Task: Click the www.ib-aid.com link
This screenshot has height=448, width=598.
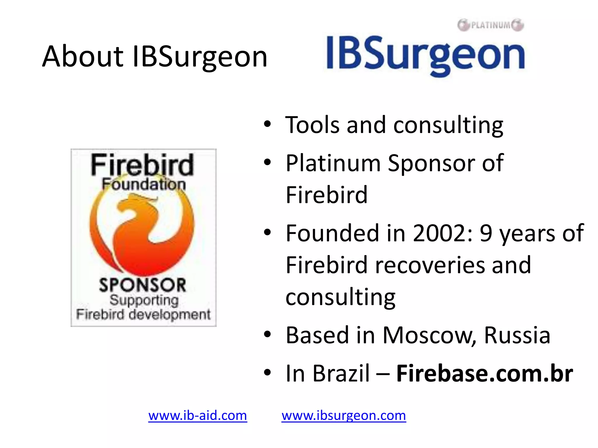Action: point(197,415)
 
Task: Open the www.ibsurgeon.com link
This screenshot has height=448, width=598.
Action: point(343,415)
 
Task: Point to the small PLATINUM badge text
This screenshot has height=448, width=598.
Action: point(491,25)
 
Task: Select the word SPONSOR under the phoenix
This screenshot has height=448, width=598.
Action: point(142,285)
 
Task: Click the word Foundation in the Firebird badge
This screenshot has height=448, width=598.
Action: point(144,184)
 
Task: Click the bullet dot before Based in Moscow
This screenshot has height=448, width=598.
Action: point(267,334)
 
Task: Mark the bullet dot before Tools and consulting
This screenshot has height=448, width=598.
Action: point(267,124)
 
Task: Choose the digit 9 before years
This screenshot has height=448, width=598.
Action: point(486,233)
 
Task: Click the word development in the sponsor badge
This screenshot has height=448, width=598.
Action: point(169,315)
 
